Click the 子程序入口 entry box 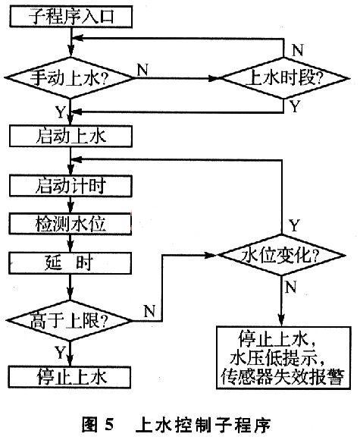(70, 17)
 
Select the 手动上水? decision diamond (70, 77)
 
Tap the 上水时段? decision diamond (284, 77)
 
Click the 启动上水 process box (70, 137)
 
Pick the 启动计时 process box (70, 186)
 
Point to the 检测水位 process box (70, 224)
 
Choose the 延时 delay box (70, 263)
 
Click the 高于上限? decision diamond (70, 321)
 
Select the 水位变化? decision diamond (282, 255)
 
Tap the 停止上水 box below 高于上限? (70, 377)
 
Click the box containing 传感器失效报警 (283, 357)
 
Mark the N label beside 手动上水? (142, 70)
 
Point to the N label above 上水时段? (297, 50)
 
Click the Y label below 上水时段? (295, 106)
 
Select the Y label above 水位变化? (295, 225)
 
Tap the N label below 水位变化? (291, 287)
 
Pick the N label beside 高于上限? (149, 310)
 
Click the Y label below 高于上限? (60, 352)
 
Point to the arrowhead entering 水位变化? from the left (211, 255)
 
